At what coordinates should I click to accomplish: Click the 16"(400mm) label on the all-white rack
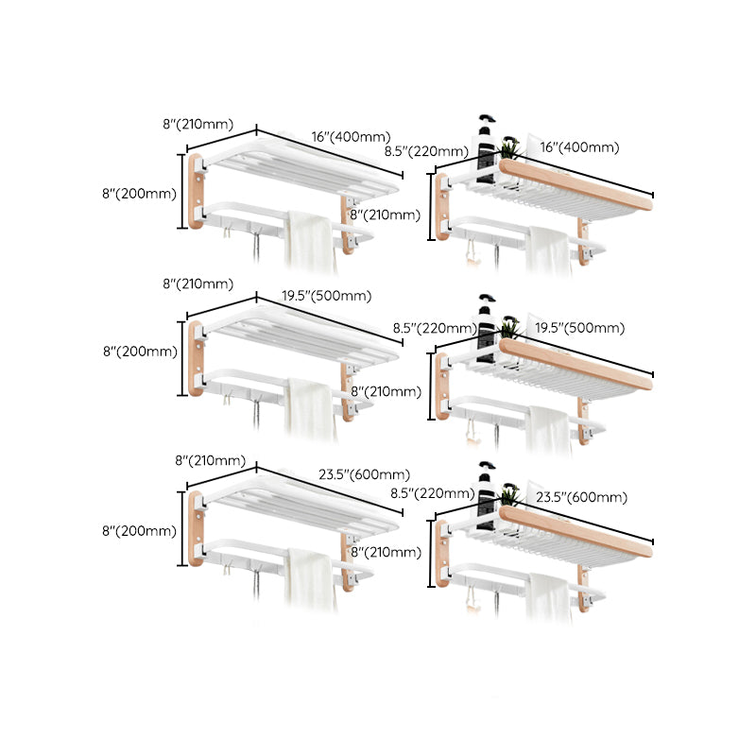[x=351, y=137]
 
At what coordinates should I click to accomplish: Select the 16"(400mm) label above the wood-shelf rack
[x=579, y=146]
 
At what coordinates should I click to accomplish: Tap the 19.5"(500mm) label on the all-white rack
[x=326, y=296]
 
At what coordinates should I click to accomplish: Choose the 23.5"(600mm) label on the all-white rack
[x=363, y=474]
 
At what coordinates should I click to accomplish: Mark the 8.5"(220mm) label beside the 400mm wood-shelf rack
[x=426, y=151]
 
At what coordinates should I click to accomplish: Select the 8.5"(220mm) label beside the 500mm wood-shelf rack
[x=434, y=328]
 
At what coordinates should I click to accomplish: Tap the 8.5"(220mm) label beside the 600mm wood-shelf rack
[x=432, y=492]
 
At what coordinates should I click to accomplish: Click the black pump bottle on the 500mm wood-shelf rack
[x=487, y=321]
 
